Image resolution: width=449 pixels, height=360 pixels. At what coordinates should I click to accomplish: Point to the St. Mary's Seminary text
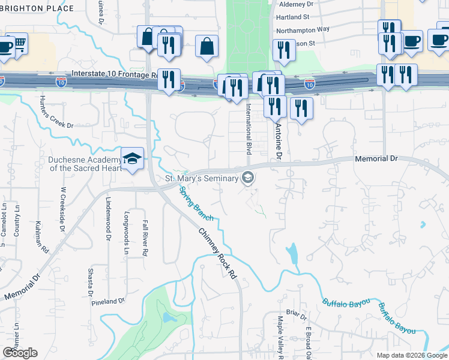pos(200,178)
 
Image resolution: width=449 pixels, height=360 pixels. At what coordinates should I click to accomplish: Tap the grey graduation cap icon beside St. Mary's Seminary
pos(247,178)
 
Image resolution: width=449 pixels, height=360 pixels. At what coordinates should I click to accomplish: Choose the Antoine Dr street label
pos(278,142)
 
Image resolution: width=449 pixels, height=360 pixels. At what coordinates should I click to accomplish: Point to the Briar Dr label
pos(297,314)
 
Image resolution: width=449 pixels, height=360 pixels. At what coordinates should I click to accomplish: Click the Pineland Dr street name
pos(108,301)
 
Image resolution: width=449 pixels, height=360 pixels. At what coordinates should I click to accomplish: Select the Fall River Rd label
pos(145,238)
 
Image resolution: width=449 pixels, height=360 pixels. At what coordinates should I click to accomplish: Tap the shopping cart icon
pos(20,44)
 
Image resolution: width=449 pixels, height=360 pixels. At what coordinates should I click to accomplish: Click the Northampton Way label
pos(303,29)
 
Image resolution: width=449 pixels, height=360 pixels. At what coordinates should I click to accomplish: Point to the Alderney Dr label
pos(302,4)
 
